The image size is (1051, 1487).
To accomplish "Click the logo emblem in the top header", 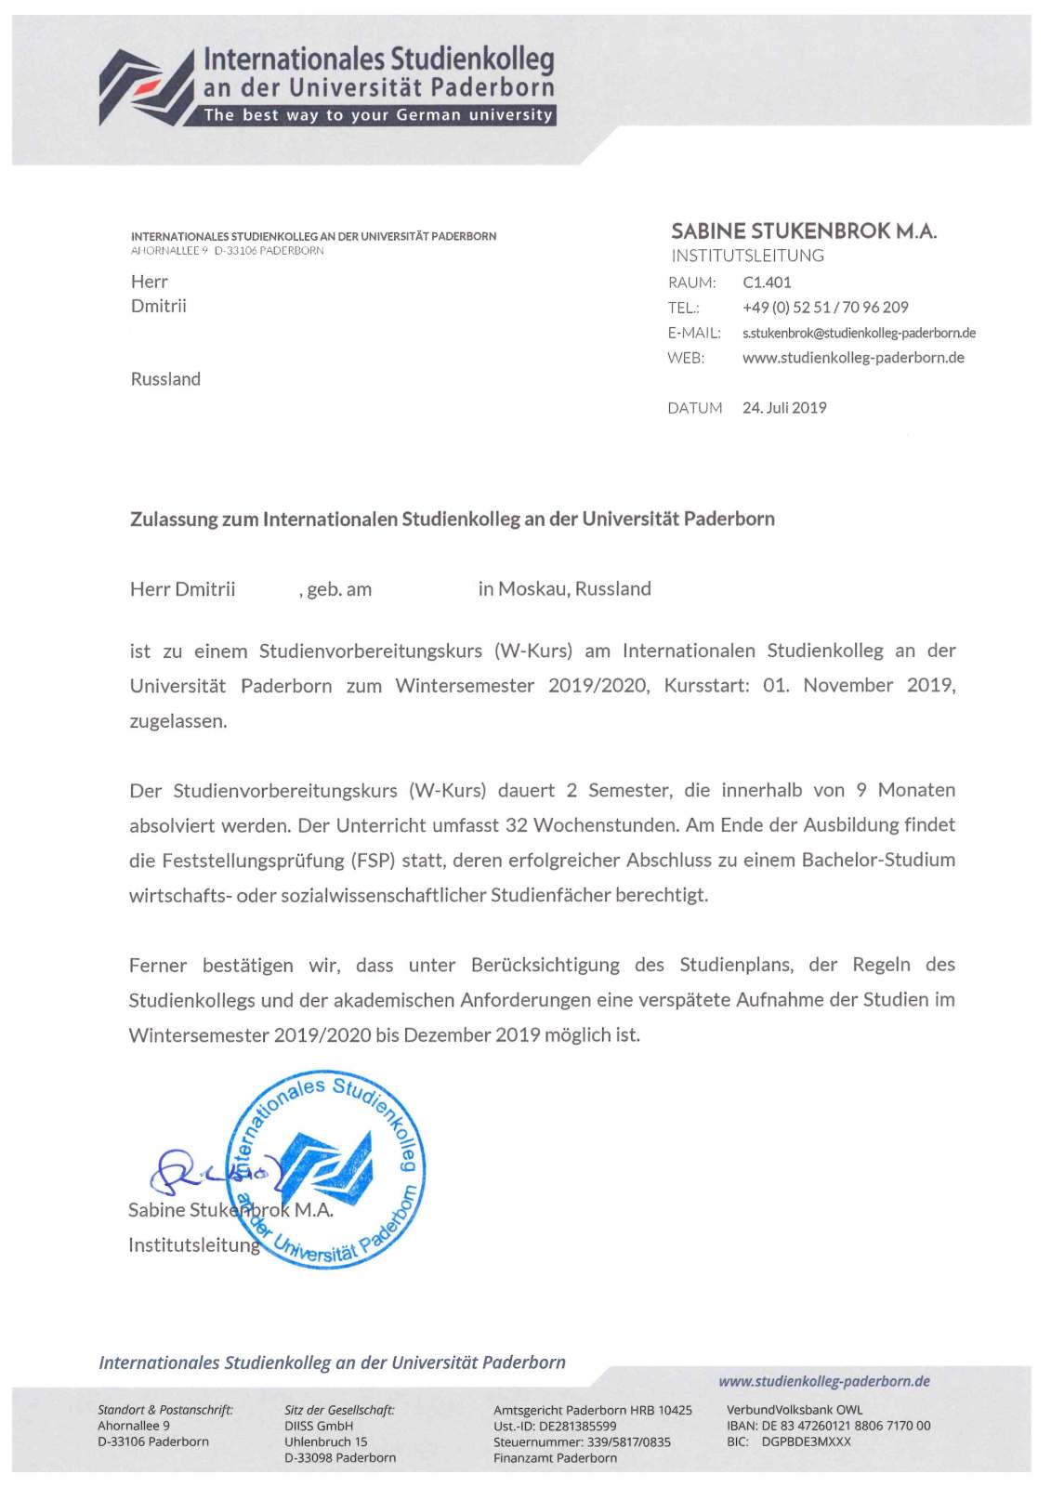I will pos(145,86).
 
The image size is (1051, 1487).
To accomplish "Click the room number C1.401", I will pos(767,283).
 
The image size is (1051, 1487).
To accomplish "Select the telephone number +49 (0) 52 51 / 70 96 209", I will pos(825,308).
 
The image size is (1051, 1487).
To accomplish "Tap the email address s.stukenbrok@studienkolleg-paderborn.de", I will pos(858,333).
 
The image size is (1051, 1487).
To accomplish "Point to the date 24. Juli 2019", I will pos(784,408).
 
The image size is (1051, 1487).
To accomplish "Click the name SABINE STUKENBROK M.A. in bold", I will pos(804,231).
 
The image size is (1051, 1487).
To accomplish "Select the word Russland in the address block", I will pos(165,379).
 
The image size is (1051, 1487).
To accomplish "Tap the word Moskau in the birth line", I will pos(532,589).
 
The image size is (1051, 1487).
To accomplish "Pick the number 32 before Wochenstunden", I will pos(516,825).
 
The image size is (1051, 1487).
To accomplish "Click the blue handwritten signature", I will pos(200,1173).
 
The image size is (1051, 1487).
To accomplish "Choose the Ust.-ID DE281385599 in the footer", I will pos(555,1426).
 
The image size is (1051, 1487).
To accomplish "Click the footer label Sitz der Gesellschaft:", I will pos(339,1410).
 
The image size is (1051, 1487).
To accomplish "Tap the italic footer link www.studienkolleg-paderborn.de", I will pos(823,1381).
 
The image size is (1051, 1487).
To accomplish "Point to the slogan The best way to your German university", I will pos(377,115).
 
